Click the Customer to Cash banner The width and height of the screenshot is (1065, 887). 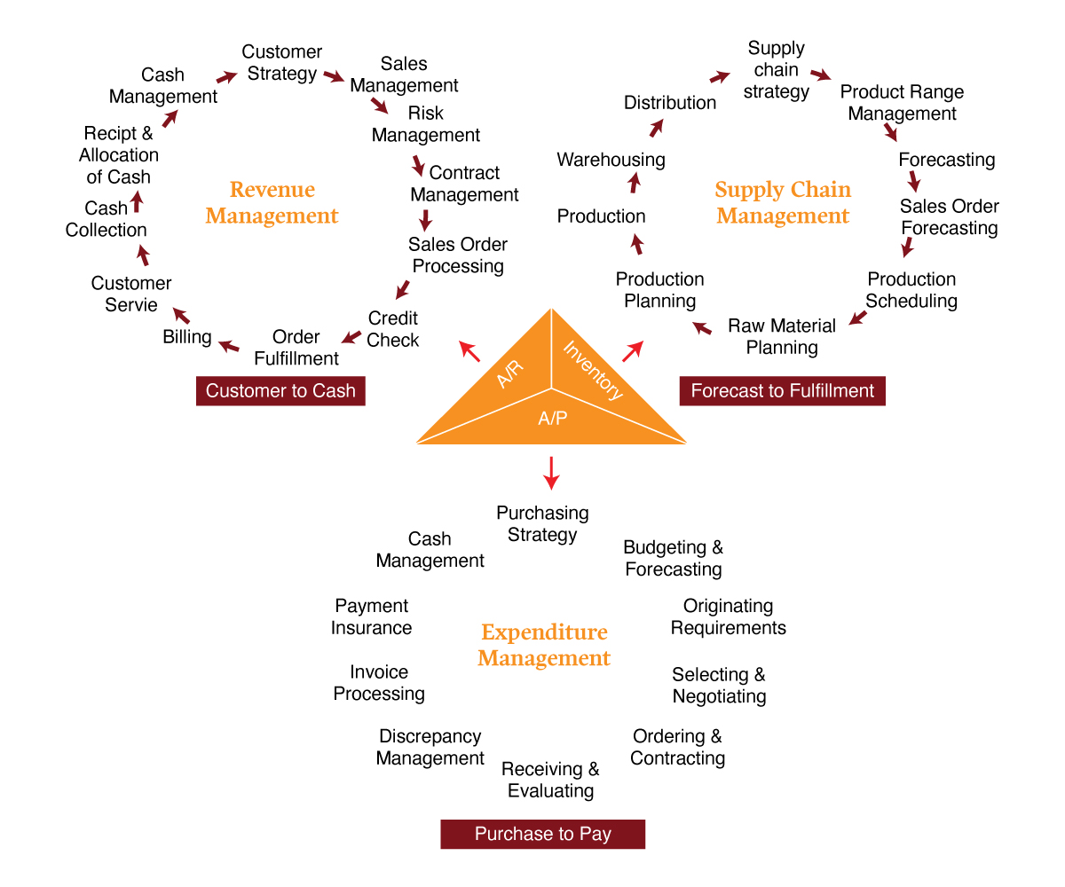pos(280,391)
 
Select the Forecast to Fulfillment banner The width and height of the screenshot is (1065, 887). pos(782,391)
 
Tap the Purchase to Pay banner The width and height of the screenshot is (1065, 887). pos(542,834)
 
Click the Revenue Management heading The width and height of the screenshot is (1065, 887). pos(272,202)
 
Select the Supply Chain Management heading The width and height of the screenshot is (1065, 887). pos(783,202)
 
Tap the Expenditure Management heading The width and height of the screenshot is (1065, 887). pos(544,645)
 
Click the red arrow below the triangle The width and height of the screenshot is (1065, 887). pos(551,472)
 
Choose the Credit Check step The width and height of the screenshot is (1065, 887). pos(393,329)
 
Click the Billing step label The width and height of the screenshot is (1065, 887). pos(187,337)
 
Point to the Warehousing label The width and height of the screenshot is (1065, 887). pos(611,160)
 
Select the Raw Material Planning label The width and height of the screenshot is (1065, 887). pos(782,336)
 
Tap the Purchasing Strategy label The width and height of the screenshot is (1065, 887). pos(542,524)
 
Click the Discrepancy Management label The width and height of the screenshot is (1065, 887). pos(430,747)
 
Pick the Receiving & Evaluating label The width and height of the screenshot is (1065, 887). pos(550,780)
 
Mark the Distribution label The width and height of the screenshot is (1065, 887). pos(670,103)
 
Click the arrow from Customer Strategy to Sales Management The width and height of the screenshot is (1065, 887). pos(334,76)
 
